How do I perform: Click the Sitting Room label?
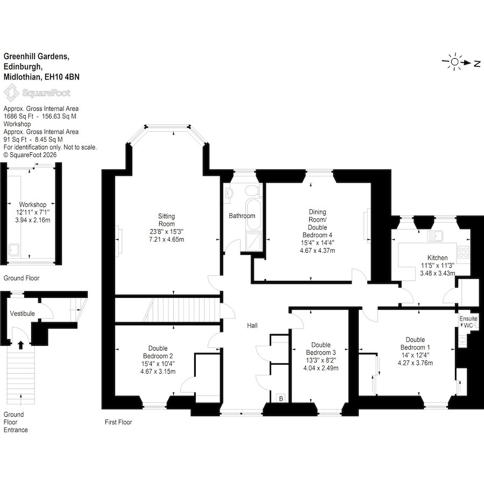pos(166,220)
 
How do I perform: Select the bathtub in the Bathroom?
pos(254,215)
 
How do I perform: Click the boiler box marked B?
pos(281,398)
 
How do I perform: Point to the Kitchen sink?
pos(435,236)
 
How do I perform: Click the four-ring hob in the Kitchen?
pos(463,251)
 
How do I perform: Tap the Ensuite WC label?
pos(468,322)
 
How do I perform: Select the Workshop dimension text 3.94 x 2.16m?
pos(33,220)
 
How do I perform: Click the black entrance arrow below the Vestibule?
pos(20,345)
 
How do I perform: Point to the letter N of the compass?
pos(477,64)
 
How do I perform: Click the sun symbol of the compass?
pos(454,62)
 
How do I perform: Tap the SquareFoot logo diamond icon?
pos(11,93)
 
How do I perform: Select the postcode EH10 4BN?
pos(62,77)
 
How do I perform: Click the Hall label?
pos(252,325)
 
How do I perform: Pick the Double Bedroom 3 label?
pos(321,348)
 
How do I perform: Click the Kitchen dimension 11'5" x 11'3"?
pos(438,266)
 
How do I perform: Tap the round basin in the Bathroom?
pos(229,194)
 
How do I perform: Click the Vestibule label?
pos(22,314)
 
